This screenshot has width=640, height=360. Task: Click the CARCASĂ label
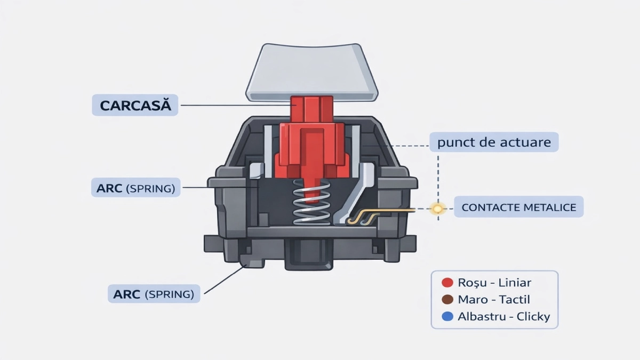tap(136, 105)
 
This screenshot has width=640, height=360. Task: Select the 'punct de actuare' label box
tap(494, 142)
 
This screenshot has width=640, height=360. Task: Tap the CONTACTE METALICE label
tap(518, 207)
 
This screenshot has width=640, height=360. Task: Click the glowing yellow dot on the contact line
tap(438, 209)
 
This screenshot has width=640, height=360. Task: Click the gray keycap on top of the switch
tap(312, 72)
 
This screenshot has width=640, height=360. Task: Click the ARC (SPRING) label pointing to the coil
tap(136, 188)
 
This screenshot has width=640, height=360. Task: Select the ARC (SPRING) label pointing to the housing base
tap(154, 293)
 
